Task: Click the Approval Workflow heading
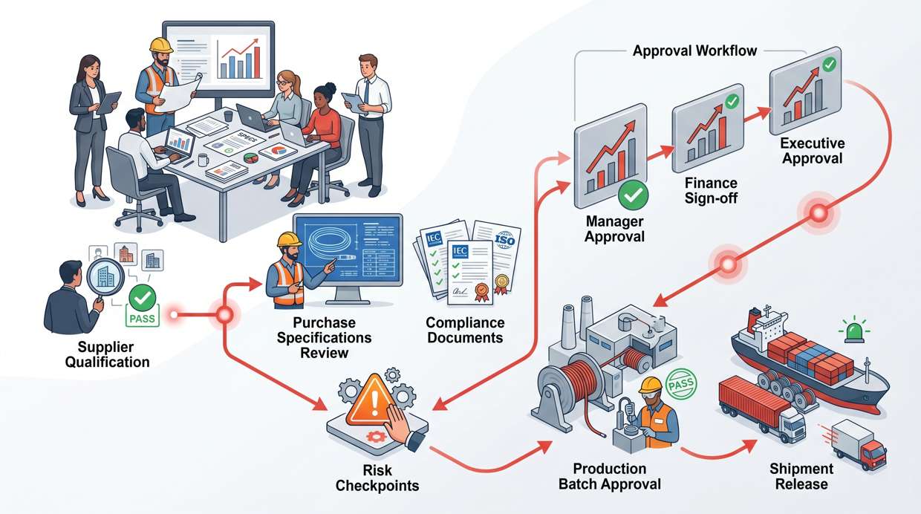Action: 694,51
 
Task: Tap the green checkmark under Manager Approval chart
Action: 633,195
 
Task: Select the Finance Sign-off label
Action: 711,191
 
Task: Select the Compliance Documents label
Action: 465,330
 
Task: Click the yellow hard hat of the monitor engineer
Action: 288,239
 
